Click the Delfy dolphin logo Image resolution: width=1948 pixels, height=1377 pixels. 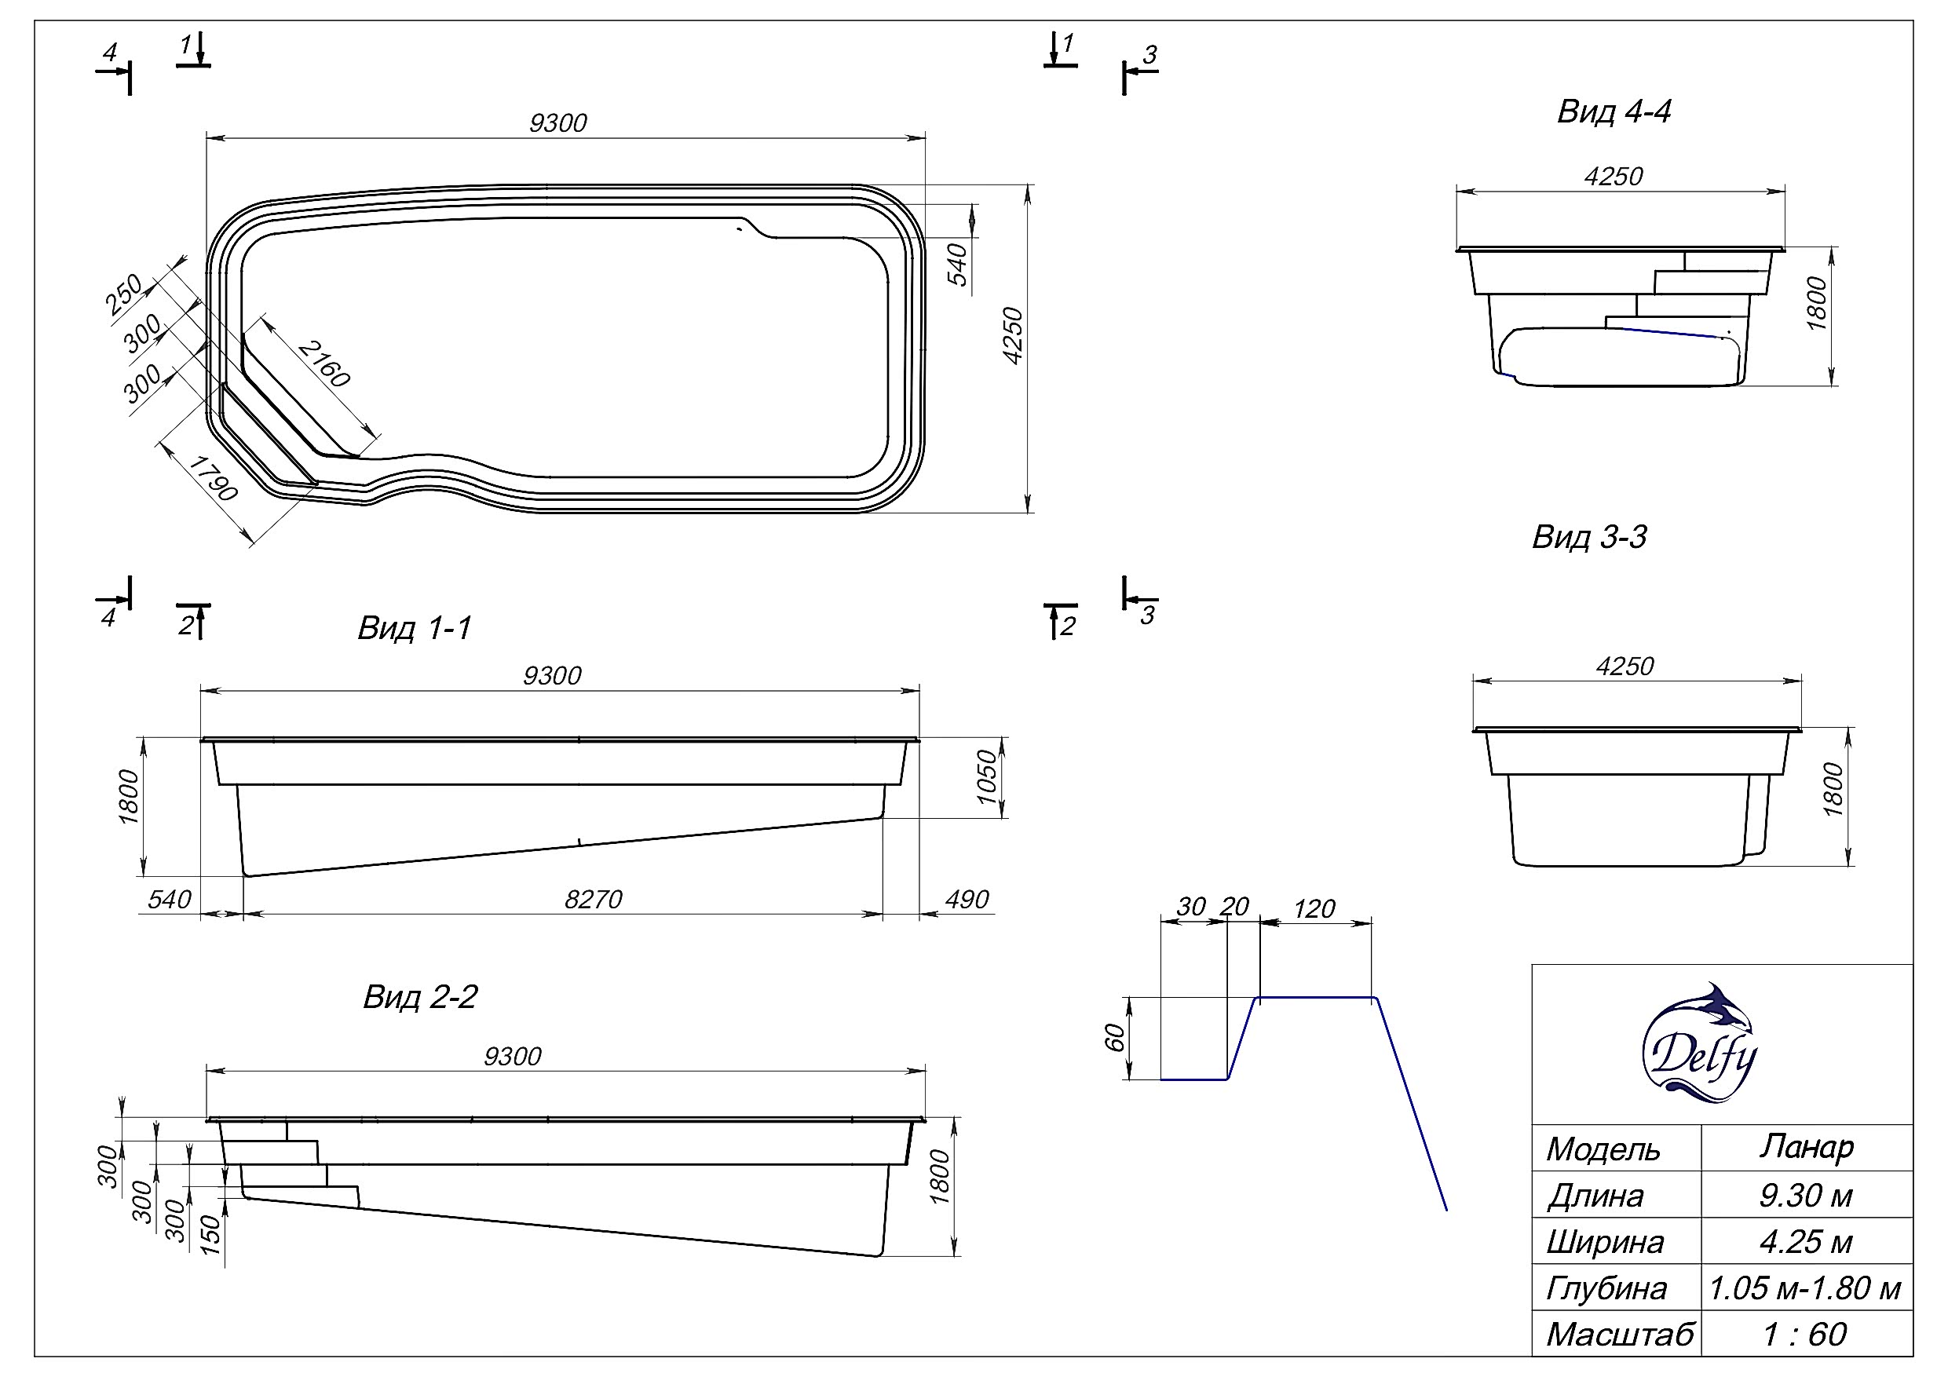click(1699, 1043)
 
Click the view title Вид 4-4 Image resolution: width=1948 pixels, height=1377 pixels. click(1614, 111)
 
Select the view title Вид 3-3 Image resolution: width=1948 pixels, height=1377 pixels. click(1589, 537)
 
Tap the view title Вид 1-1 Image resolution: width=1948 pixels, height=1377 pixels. click(414, 628)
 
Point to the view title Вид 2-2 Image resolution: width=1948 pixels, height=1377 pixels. click(420, 996)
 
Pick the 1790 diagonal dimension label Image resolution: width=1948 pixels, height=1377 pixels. click(213, 477)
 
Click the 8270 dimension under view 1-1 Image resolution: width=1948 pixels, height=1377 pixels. click(593, 900)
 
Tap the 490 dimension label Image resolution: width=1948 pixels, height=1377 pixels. click(967, 900)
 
